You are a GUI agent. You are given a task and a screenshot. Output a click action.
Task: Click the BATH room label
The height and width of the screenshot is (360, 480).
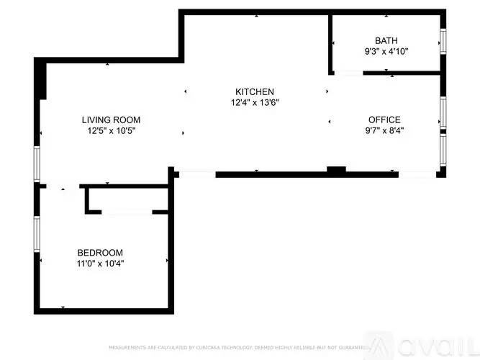click(x=386, y=40)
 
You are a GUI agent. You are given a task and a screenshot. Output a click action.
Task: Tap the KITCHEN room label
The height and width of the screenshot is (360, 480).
click(x=254, y=91)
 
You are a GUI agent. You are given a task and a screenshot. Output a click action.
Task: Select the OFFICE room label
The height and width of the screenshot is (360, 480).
click(x=384, y=120)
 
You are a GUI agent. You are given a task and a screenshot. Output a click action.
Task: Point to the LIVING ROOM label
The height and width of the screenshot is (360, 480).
click(x=111, y=120)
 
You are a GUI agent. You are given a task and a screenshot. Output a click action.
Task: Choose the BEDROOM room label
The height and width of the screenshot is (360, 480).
click(x=100, y=253)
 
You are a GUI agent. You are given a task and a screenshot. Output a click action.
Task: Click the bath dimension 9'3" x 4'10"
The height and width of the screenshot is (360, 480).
click(x=386, y=51)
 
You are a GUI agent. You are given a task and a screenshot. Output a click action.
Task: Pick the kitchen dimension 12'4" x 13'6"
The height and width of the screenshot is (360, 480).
click(x=254, y=102)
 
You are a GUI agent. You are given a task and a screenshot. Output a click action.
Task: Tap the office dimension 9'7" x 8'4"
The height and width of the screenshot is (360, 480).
click(x=384, y=130)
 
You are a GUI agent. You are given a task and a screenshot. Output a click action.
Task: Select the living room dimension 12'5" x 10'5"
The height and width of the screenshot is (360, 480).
click(x=111, y=131)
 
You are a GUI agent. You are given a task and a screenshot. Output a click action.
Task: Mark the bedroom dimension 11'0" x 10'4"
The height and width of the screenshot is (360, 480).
click(x=100, y=264)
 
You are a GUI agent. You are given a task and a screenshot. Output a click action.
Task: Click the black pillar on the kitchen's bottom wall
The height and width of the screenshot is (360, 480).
click(x=336, y=171)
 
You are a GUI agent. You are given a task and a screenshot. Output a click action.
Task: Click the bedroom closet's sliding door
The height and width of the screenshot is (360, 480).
click(x=127, y=212)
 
